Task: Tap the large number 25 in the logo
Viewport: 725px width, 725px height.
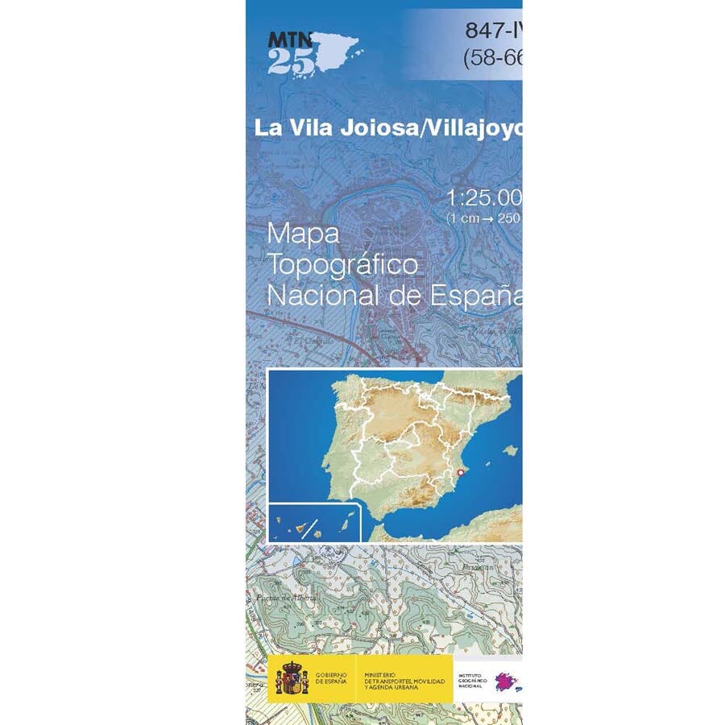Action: coord(292,60)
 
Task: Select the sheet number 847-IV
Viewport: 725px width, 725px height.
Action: coord(493,31)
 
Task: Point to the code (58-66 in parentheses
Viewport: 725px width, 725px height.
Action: coord(492,58)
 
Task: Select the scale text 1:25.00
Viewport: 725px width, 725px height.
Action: coord(484,198)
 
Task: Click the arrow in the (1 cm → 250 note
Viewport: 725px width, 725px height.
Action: coord(488,218)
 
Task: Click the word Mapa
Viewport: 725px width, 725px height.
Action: coord(303,234)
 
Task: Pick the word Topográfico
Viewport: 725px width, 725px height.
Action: coord(343,265)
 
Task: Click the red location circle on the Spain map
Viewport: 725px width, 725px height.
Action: coord(460,473)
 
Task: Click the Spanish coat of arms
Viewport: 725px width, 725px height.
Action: coord(292,678)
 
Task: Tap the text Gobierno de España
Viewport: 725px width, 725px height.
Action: coord(331,678)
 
